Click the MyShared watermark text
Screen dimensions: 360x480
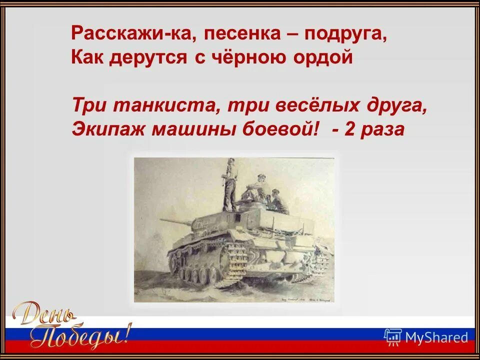[436, 337]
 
